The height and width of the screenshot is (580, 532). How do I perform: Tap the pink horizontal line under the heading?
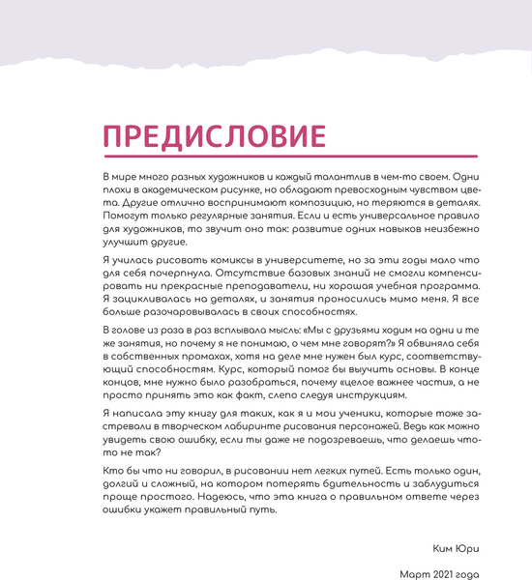click(290, 157)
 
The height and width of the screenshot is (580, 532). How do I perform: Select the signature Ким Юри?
click(458, 549)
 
